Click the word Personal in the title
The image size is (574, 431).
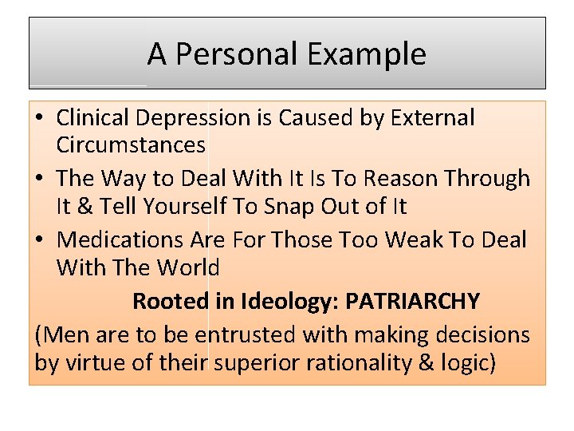234,55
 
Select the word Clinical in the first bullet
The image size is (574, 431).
92,118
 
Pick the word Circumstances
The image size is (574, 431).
131,145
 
